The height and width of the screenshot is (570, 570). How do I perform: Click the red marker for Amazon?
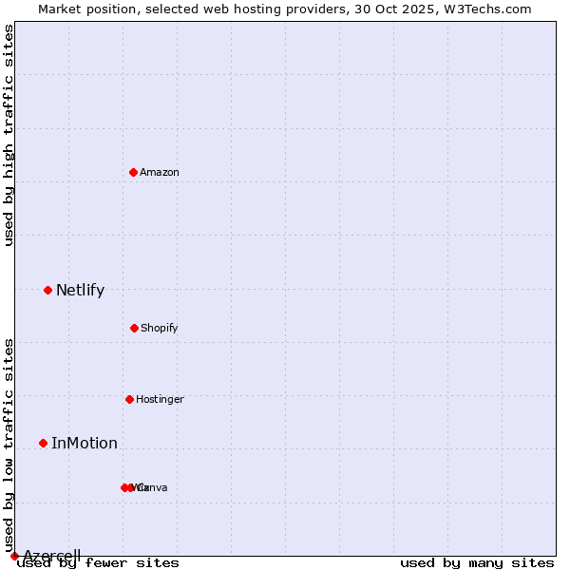(133, 172)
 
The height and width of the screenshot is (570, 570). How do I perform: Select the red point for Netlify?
(47, 290)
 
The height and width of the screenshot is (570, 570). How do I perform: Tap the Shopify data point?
(134, 328)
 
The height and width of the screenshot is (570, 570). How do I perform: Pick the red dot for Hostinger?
(129, 399)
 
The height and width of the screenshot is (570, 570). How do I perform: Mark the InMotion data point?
(43, 443)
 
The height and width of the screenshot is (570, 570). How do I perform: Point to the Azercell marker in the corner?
(14, 556)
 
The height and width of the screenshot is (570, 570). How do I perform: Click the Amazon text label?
(160, 173)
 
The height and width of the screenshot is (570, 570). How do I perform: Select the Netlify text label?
(80, 291)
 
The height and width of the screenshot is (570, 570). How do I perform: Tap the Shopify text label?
(160, 329)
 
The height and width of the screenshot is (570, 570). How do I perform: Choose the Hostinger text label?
(160, 400)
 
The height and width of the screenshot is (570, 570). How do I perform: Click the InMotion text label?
(85, 444)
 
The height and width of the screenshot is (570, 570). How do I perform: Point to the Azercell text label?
(52, 556)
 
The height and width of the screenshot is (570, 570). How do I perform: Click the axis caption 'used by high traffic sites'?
(9, 135)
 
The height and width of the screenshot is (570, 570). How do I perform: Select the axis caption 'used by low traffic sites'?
(9, 444)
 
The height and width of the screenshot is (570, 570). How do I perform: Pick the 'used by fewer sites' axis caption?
(99, 563)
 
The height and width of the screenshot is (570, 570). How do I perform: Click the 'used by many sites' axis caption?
(477, 563)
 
